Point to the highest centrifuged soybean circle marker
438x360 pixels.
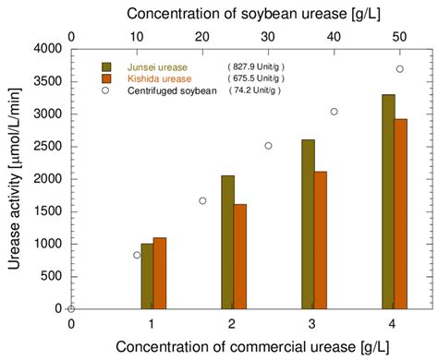pos(399,69)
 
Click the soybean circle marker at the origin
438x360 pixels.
pos(71,308)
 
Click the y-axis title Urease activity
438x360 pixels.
pos(15,178)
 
